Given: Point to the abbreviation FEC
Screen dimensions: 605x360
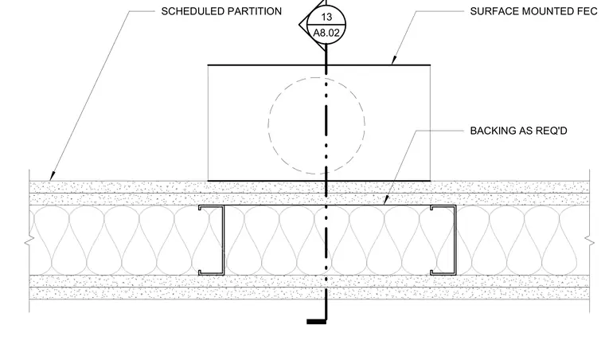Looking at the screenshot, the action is [587, 12].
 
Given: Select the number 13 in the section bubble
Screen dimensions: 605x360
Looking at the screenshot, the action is [326, 17].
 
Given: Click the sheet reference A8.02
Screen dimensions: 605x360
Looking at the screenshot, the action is [326, 33].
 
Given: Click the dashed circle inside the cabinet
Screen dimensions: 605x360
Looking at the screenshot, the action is [268, 124].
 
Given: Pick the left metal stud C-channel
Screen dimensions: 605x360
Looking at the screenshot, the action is [223, 240].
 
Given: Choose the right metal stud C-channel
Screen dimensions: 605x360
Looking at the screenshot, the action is [455, 240].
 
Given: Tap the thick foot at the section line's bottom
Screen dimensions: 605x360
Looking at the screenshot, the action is [316, 322].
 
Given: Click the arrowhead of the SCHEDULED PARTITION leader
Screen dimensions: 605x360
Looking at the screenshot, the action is [52, 176].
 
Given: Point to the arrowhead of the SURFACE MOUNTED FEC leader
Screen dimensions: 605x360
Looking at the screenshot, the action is [393, 61].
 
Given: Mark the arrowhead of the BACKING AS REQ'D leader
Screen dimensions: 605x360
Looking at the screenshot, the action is [385, 201].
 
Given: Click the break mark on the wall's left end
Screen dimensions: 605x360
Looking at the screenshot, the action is [29, 241].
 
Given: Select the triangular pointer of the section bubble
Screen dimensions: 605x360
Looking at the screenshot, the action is [303, 25].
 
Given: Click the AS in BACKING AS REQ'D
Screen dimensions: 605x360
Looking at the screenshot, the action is [525, 131].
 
